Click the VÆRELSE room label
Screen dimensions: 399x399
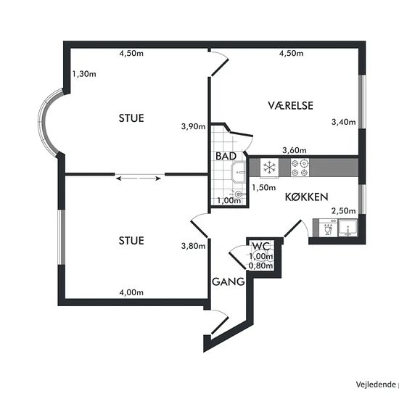tap(290, 105)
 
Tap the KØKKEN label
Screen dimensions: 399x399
tap(306, 197)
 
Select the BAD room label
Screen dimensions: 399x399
tap(226, 156)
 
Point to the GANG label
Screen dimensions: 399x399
tap(229, 281)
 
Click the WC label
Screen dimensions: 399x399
tap(261, 246)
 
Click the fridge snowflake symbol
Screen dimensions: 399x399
tap(269, 168)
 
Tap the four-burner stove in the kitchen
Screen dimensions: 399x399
tap(300, 168)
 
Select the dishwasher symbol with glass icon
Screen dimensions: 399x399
tap(328, 228)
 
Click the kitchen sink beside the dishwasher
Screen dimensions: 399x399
tap(347, 228)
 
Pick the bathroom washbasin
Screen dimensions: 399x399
tap(239, 172)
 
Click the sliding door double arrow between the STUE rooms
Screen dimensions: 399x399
tap(139, 178)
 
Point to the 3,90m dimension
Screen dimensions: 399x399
tap(193, 126)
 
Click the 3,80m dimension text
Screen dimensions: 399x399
tap(193, 246)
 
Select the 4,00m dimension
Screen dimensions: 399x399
tap(131, 292)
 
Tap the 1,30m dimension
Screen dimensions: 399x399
tap(84, 74)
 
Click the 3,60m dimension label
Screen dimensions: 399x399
tap(295, 150)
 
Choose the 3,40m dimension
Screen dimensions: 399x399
tap(344, 122)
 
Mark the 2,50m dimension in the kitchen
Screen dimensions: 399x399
tap(344, 211)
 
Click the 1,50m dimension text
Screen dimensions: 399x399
tap(264, 188)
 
